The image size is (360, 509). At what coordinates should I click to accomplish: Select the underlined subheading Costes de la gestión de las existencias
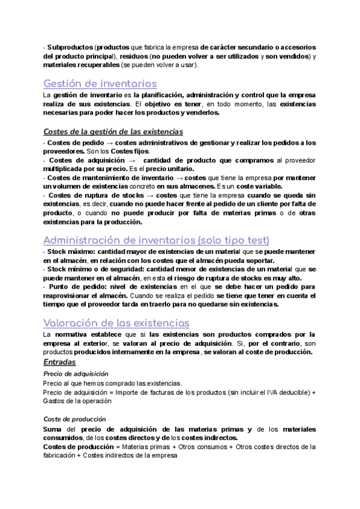click(x=113, y=131)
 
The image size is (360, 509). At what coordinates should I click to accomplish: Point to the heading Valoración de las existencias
click(x=117, y=323)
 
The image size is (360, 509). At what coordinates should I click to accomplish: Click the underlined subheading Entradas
click(x=59, y=363)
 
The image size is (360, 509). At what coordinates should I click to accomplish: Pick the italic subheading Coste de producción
click(x=75, y=418)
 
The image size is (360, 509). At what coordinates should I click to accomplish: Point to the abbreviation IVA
click(x=255, y=392)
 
